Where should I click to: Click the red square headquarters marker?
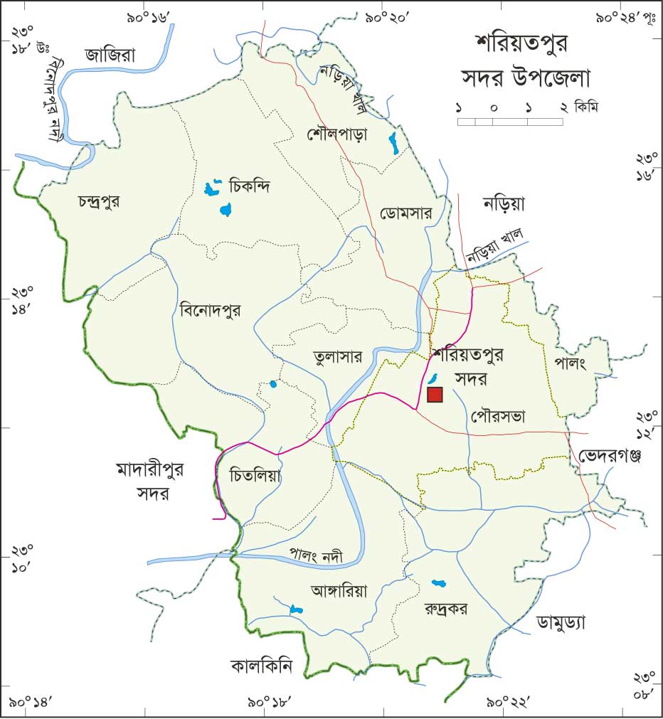coord(435,395)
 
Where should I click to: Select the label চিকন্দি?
coord(252,187)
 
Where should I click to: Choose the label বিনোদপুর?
coord(211,310)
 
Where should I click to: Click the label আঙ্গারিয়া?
coord(339,590)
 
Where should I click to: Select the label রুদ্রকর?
coord(446,609)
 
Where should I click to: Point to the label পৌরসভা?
coord(497,417)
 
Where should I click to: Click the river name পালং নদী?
coord(316,556)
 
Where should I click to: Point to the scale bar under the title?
coord(509,122)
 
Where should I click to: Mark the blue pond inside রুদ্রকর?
coord(438,584)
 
